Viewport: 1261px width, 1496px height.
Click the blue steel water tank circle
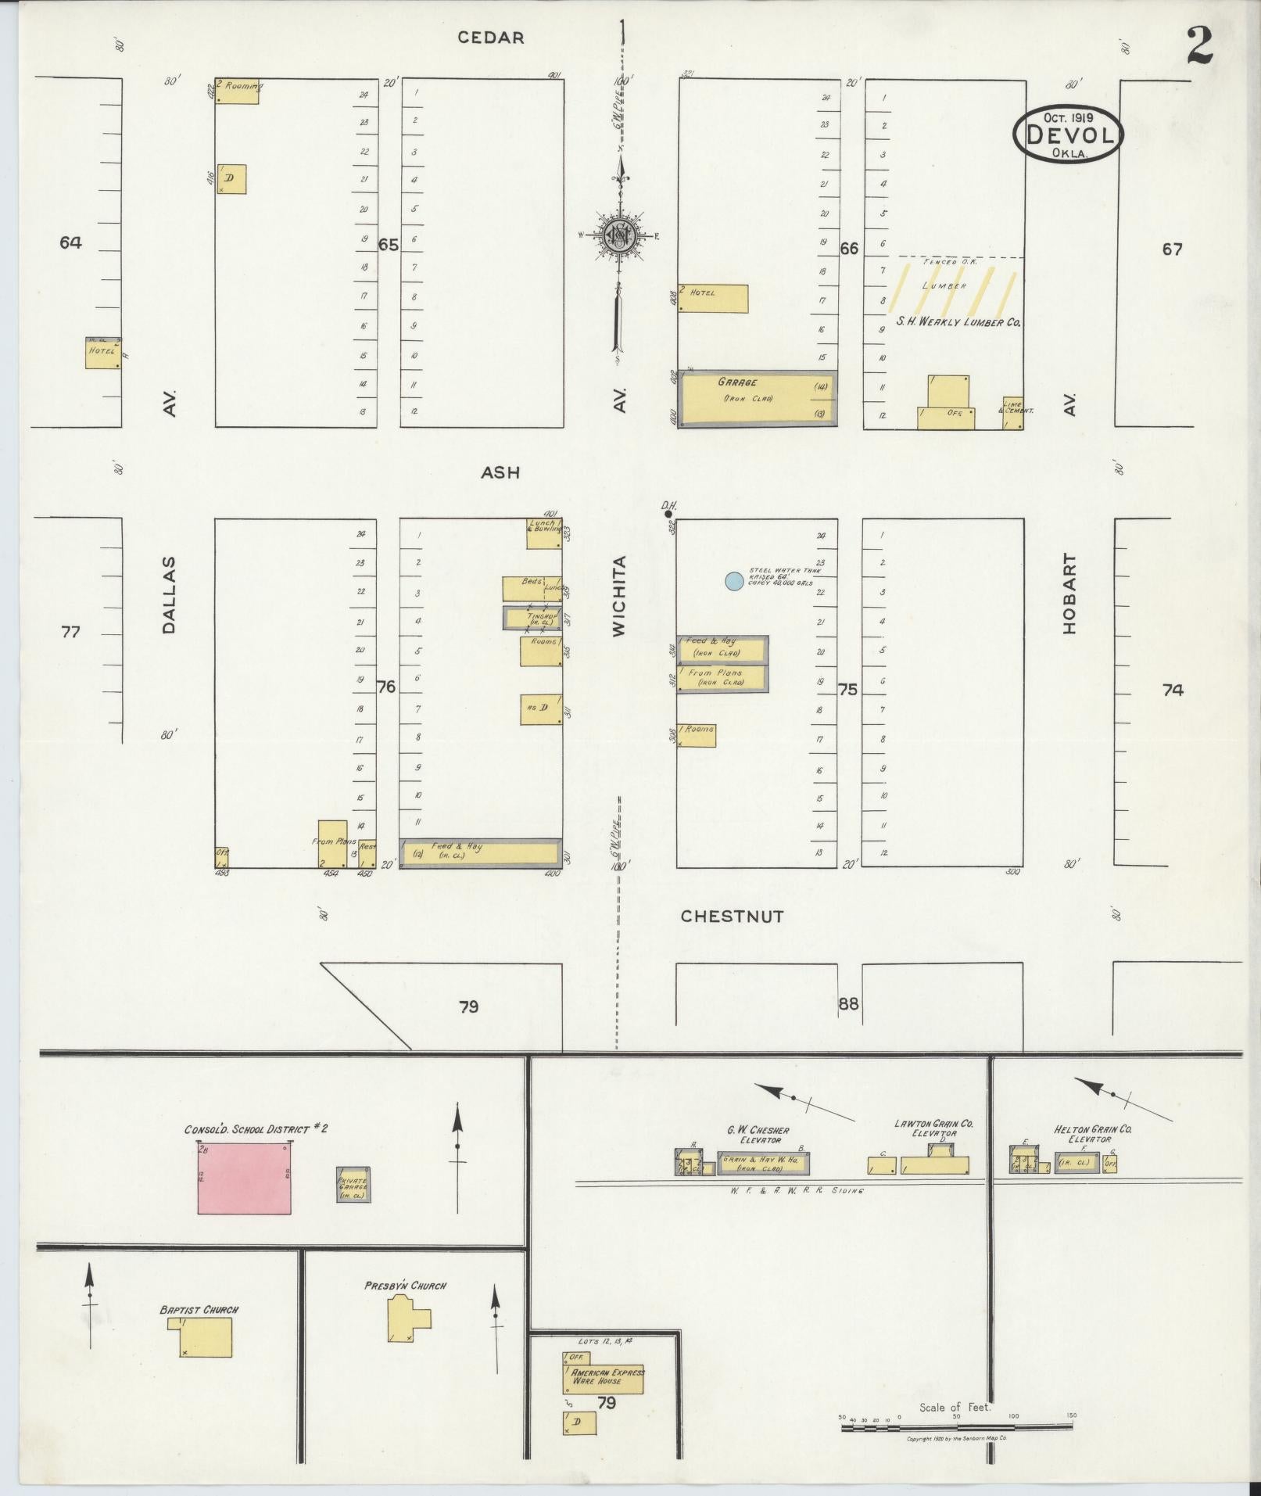tap(733, 581)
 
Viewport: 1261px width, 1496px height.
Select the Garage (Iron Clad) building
tap(757, 400)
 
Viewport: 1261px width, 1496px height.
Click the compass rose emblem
tap(621, 234)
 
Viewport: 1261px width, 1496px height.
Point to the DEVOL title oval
tap(1068, 135)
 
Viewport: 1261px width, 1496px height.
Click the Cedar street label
tap(491, 38)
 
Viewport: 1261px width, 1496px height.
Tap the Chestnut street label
tap(732, 916)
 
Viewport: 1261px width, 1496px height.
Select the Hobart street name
tap(1069, 594)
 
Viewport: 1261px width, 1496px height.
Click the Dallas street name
tap(170, 594)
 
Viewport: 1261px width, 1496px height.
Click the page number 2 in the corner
tap(1198, 47)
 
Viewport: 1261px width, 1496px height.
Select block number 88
tap(848, 1003)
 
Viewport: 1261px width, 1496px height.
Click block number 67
tap(1172, 249)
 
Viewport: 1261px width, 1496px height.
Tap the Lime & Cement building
tap(1014, 413)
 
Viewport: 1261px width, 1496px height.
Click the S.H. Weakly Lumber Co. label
tap(958, 321)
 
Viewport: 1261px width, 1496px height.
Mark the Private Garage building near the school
tap(353, 1185)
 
